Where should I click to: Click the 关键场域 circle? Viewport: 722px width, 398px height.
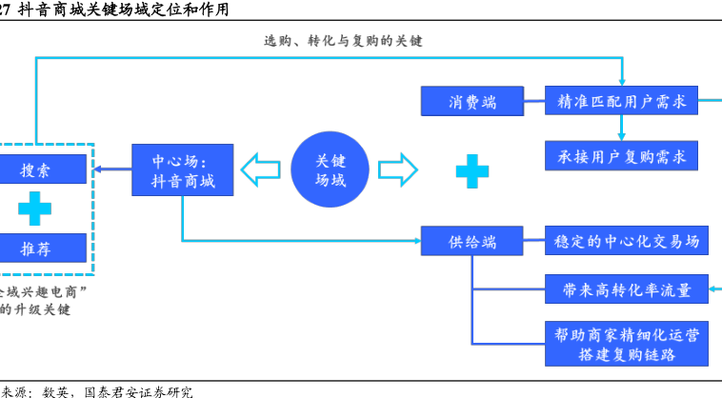330,170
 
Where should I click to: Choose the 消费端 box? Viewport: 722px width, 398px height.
472,101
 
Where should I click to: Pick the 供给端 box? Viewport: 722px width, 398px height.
472,241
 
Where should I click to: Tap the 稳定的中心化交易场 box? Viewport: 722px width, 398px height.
627,241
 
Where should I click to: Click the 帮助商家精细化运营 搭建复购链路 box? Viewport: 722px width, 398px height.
627,344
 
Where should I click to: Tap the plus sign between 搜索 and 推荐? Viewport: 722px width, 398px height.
35,209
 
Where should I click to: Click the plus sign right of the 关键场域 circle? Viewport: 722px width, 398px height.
471,171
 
